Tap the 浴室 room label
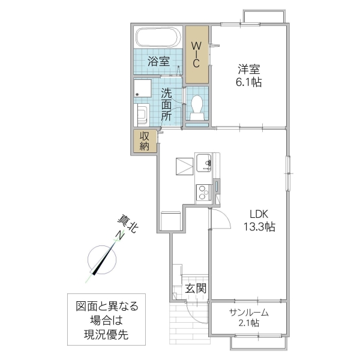159,61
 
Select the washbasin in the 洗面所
143,114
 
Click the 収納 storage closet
145,141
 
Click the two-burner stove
203,192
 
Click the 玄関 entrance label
195,288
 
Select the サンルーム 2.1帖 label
248,317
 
